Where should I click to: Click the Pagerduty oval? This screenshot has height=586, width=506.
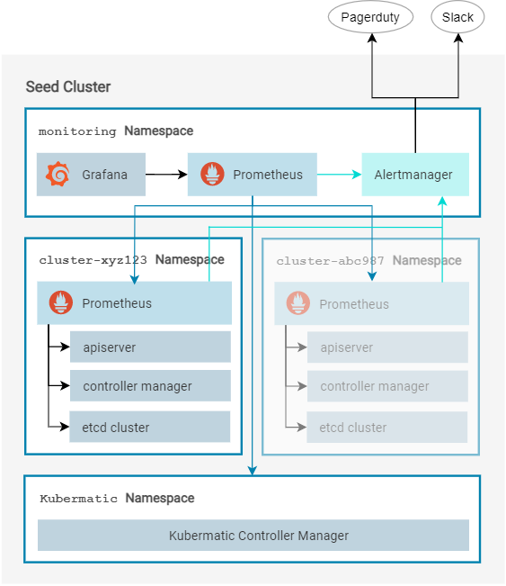pyautogui.click(x=370, y=17)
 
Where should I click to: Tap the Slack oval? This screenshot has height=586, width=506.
pyautogui.click(x=457, y=17)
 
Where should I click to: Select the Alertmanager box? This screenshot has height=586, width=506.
pyautogui.click(x=413, y=175)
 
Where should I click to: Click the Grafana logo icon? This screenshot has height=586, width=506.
pyautogui.click(x=58, y=175)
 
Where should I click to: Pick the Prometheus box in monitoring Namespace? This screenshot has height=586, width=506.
pyautogui.click(x=253, y=175)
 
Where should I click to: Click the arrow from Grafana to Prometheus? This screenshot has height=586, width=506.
pyautogui.click(x=165, y=175)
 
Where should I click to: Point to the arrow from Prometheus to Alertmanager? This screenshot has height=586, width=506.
pyautogui.click(x=339, y=175)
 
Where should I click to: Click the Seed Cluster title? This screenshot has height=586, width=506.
pyautogui.click(x=68, y=87)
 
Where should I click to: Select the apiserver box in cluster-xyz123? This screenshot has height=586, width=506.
pyautogui.click(x=150, y=347)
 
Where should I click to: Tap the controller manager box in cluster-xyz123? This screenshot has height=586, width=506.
pyautogui.click(x=150, y=386)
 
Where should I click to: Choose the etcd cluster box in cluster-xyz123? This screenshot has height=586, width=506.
pyautogui.click(x=150, y=427)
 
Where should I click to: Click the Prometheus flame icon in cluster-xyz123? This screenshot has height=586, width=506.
pyautogui.click(x=60, y=303)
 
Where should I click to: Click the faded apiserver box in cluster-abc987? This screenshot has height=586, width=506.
pyautogui.click(x=387, y=347)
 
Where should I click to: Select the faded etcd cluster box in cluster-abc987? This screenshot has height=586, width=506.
pyautogui.click(x=387, y=428)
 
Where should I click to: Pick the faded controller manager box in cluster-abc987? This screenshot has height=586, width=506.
pyautogui.click(x=387, y=387)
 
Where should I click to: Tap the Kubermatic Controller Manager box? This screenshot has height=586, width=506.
pyautogui.click(x=253, y=536)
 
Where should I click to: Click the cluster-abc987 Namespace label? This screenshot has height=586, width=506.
pyautogui.click(x=368, y=261)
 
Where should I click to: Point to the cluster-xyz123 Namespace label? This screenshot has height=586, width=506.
pyautogui.click(x=131, y=260)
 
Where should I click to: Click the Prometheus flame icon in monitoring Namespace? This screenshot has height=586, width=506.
pyautogui.click(x=212, y=175)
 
